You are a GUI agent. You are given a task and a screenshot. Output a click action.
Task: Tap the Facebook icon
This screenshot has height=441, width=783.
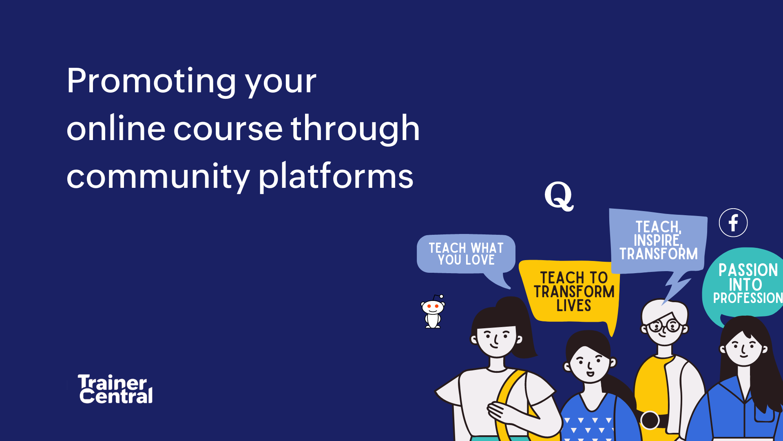[x=733, y=223]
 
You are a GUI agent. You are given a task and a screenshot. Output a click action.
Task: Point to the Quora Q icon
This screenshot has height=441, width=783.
[x=559, y=196]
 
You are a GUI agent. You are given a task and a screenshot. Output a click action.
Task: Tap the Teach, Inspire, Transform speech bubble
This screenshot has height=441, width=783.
[x=658, y=241]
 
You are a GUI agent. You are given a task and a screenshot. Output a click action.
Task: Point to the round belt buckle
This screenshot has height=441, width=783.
[x=650, y=420]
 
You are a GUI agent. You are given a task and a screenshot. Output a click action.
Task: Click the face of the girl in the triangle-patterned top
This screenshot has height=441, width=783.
[x=590, y=363]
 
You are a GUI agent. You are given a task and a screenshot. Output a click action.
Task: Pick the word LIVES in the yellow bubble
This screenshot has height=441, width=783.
[x=573, y=306]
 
